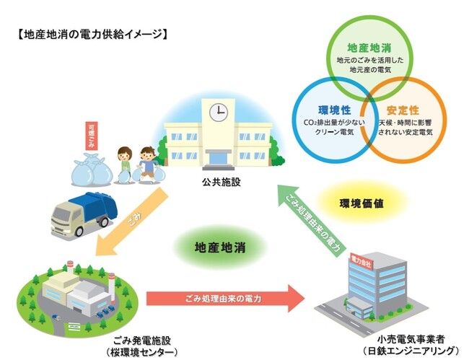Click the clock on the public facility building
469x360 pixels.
(217, 113)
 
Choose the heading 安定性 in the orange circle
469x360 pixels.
(403, 110)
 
